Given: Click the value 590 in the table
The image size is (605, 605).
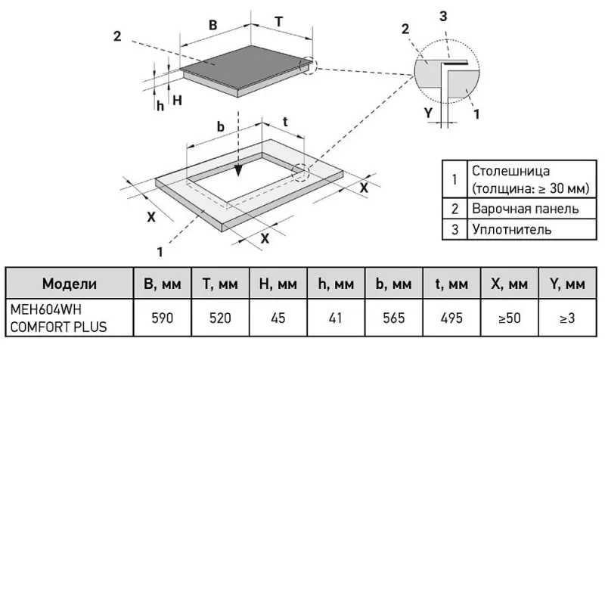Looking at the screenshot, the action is [162, 318].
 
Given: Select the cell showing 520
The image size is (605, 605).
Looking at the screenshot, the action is [220, 318].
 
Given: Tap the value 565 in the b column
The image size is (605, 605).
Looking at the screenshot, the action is [393, 318].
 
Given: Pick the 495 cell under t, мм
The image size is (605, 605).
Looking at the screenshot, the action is [451, 318].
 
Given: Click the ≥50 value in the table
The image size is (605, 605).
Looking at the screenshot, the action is [509, 318].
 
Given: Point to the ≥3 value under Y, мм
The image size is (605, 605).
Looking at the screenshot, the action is [567, 318].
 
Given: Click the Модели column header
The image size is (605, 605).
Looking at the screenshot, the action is [70, 284].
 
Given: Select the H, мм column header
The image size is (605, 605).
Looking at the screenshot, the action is [278, 284].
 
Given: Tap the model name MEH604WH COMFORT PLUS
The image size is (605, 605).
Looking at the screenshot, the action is [58, 318].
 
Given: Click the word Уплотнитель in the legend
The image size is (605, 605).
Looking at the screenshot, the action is [512, 230].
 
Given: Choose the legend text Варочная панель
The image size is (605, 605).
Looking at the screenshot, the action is [525, 209].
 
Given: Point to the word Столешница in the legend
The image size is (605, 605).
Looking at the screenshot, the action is [510, 171].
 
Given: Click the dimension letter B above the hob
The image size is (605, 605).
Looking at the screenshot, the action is [213, 25].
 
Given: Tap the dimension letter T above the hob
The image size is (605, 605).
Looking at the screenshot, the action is [278, 22].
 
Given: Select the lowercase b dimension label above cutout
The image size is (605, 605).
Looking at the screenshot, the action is [220, 126].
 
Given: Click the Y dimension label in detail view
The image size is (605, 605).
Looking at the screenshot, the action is [428, 113].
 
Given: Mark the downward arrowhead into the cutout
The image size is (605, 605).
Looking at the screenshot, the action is [238, 171].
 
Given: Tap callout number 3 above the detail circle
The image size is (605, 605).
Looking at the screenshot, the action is [443, 16].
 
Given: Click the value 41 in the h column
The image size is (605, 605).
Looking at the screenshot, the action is [336, 318].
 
